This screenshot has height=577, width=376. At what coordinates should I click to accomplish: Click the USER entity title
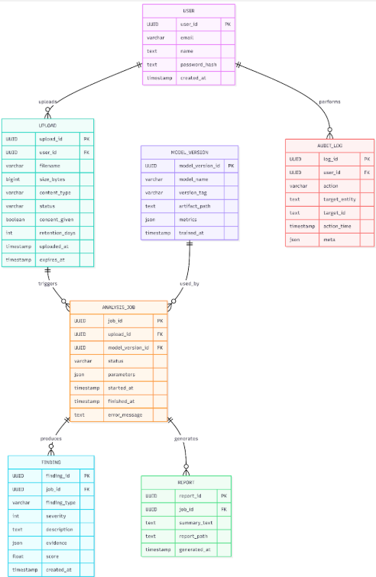189,11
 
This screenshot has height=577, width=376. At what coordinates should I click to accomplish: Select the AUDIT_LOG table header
329,146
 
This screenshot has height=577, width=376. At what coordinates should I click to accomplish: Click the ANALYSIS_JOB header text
118,307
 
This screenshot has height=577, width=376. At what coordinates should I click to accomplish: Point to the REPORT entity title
186,482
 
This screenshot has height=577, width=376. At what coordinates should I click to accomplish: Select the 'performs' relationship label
329,101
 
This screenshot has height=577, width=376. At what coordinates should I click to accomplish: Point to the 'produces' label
50,439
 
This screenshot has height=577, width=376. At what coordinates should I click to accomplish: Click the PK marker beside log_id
367,160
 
